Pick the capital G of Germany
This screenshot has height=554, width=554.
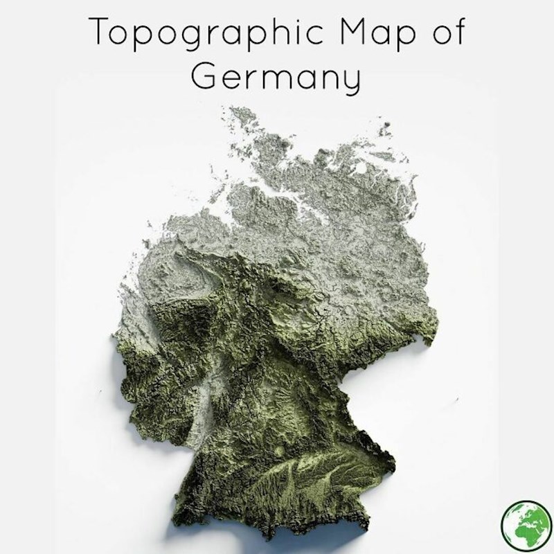click(204, 75)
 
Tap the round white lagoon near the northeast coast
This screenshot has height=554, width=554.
click(361, 168)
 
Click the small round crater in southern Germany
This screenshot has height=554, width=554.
click(279, 450)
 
